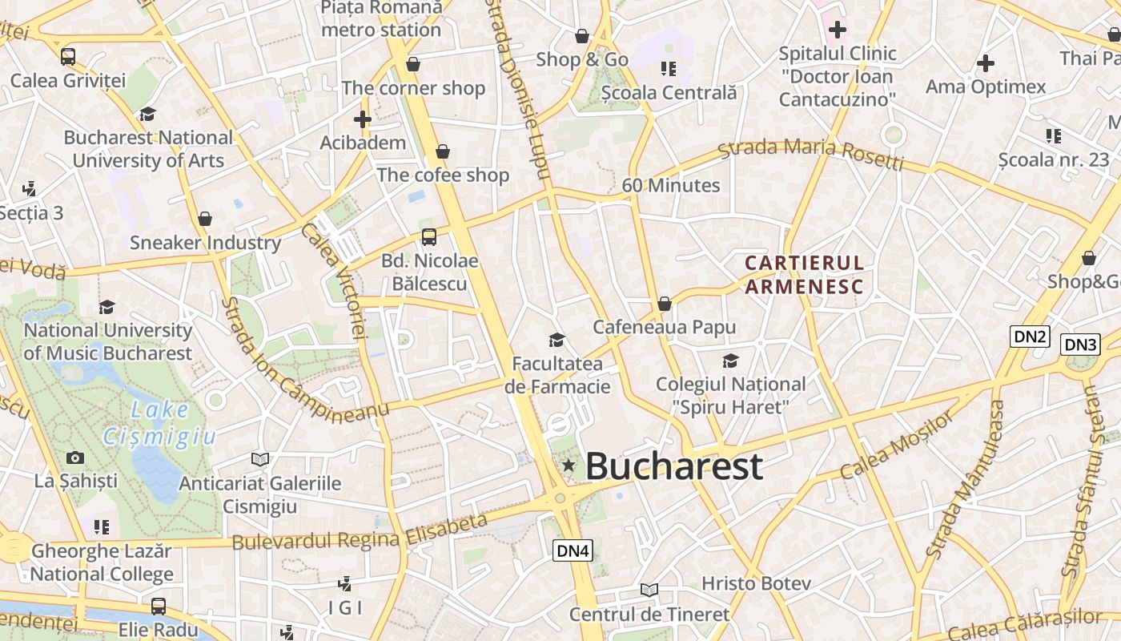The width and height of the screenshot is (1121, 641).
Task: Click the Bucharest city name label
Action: pyautogui.click(x=673, y=466)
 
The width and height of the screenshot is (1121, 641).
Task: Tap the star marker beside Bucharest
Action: pyautogui.click(x=569, y=465)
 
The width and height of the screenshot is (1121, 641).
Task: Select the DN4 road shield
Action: pyautogui.click(x=573, y=550)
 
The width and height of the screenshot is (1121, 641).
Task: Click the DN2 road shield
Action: pyautogui.click(x=1030, y=337)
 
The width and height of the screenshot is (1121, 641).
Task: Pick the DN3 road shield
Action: pyautogui.click(x=1080, y=345)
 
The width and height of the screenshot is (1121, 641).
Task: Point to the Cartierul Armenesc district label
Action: pyautogui.click(x=804, y=275)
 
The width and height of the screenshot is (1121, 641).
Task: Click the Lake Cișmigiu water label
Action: pyautogui.click(x=160, y=423)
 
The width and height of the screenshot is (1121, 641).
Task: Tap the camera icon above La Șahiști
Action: pyautogui.click(x=75, y=458)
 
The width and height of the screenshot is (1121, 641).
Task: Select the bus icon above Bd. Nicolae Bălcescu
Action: pyautogui.click(x=429, y=236)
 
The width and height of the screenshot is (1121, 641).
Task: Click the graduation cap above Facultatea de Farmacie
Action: pyautogui.click(x=556, y=340)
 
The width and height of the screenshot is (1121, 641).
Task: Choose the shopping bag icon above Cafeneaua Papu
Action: pyautogui.click(x=664, y=304)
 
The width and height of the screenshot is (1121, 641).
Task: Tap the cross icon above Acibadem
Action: pyautogui.click(x=363, y=119)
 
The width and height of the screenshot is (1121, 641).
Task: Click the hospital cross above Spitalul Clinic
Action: pyautogui.click(x=837, y=30)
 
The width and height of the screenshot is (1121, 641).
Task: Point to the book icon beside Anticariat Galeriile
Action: pyautogui.click(x=259, y=459)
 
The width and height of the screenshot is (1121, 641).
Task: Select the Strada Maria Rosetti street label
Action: pyautogui.click(x=810, y=155)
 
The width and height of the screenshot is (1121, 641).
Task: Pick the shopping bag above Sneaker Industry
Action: pyautogui.click(x=205, y=219)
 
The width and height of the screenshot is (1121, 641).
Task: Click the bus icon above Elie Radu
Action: pyautogui.click(x=159, y=606)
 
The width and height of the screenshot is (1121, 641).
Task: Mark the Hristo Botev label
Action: pyautogui.click(x=756, y=583)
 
